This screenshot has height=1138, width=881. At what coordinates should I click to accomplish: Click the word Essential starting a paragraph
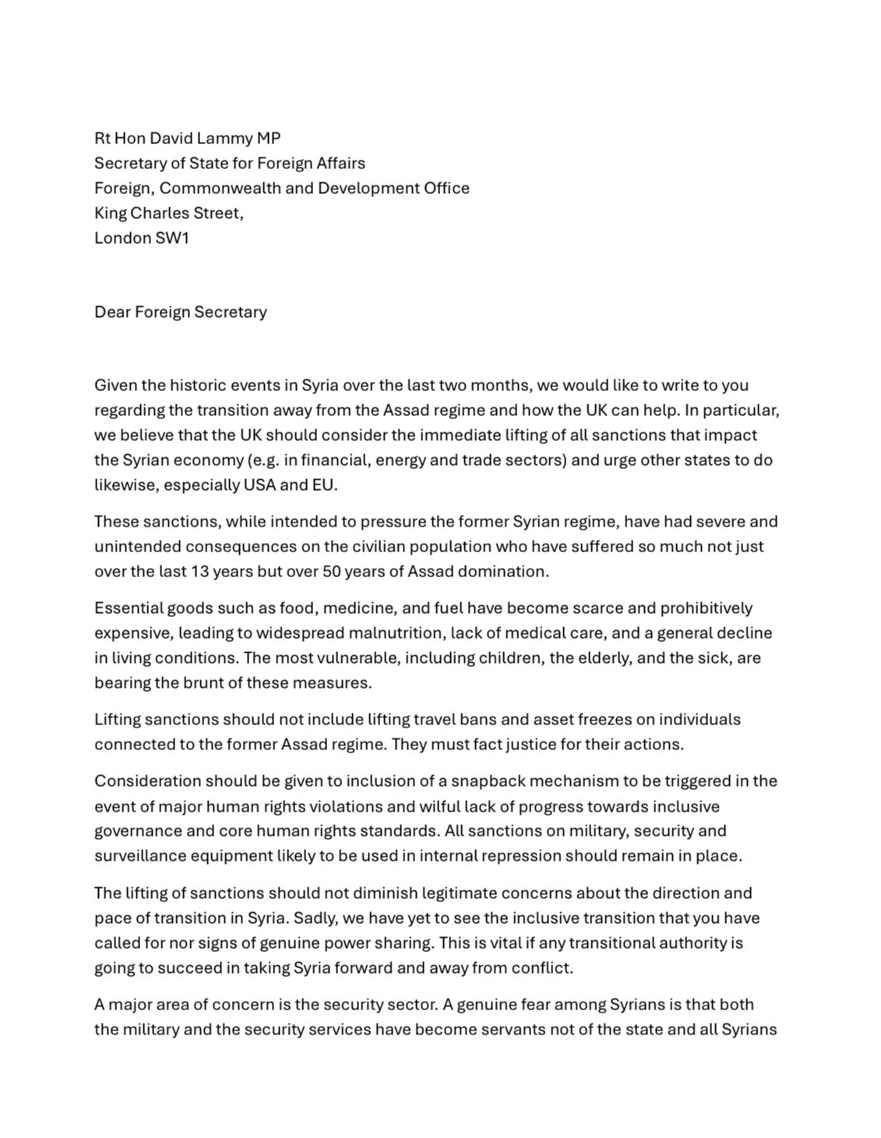(x=129, y=608)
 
